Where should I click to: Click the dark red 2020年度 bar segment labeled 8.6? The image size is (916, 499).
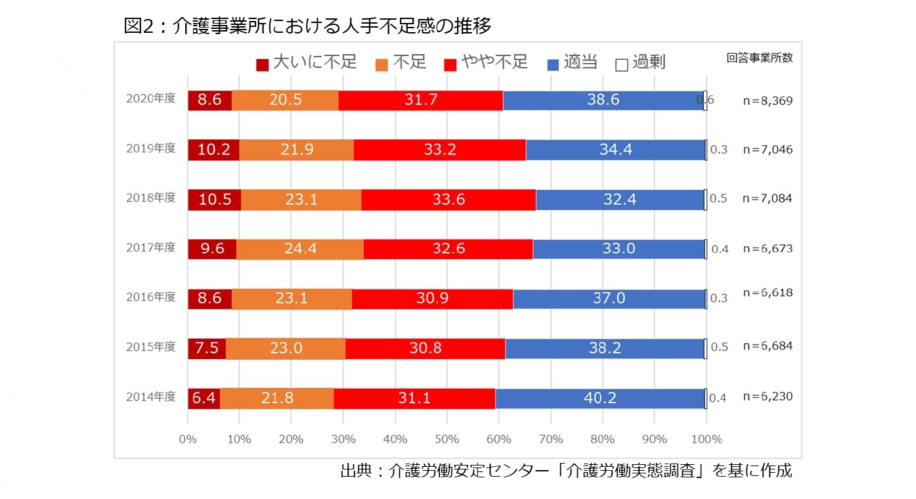209,100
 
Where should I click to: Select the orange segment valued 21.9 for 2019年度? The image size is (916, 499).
296,150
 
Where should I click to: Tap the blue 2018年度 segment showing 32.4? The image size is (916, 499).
621,200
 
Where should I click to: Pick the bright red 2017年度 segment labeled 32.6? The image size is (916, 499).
448,249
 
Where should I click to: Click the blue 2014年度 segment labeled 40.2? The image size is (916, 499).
600,399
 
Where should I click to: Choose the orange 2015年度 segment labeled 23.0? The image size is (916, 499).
286,349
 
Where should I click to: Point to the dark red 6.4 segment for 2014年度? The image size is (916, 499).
204,399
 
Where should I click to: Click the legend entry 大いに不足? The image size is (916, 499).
307,63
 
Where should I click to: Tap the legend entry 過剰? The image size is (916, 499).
641,63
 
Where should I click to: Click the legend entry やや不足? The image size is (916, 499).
486,63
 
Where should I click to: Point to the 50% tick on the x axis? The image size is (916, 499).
447,439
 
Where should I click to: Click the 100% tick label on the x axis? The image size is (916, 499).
707,439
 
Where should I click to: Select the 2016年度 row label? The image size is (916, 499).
151,297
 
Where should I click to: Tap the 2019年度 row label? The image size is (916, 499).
151,148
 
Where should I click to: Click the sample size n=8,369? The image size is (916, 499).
768,100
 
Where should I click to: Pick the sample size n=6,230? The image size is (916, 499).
768,397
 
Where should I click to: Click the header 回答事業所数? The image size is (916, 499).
760,58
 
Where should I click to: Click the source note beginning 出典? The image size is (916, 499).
566,471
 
